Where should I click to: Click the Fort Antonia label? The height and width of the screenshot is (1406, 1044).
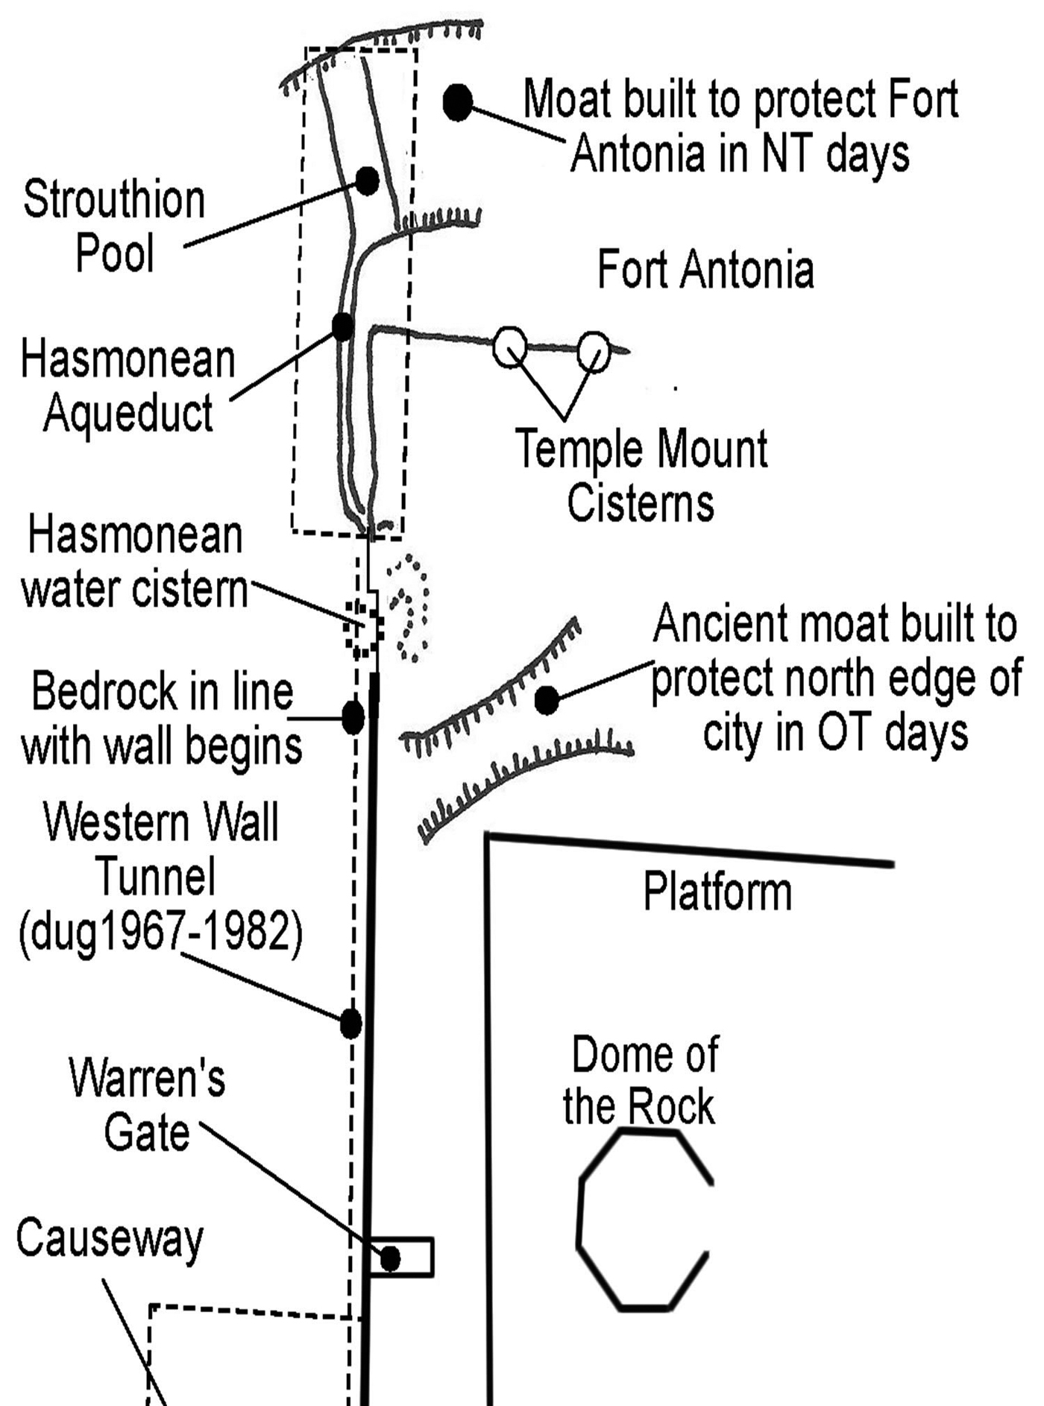tap(705, 270)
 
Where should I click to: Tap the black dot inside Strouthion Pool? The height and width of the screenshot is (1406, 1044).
tap(367, 181)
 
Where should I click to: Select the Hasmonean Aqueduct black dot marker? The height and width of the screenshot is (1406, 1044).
tap(342, 326)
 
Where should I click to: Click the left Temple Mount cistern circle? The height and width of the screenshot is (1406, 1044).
tap(510, 348)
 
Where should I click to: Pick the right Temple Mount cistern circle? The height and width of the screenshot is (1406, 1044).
tap(594, 350)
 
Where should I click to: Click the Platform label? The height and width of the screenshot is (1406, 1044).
tap(717, 892)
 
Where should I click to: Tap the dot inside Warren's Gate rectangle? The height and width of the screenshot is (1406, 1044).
tap(390, 1259)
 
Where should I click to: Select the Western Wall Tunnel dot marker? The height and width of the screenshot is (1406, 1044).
tap(350, 1024)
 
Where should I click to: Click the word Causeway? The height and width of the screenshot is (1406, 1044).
tap(109, 1239)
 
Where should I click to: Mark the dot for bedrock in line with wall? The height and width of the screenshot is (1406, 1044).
tap(353, 717)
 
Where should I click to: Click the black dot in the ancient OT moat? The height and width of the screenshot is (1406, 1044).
tap(547, 700)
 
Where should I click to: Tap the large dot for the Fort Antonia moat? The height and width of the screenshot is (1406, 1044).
tap(458, 103)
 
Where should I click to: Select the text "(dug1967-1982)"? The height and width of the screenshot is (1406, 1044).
tap(161, 932)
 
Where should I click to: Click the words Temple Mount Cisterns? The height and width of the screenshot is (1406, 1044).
tap(641, 476)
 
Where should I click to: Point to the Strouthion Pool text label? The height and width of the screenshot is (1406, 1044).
tap(114, 226)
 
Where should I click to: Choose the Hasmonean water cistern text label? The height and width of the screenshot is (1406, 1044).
tap(134, 563)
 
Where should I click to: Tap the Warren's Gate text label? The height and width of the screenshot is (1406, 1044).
tap(147, 1106)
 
